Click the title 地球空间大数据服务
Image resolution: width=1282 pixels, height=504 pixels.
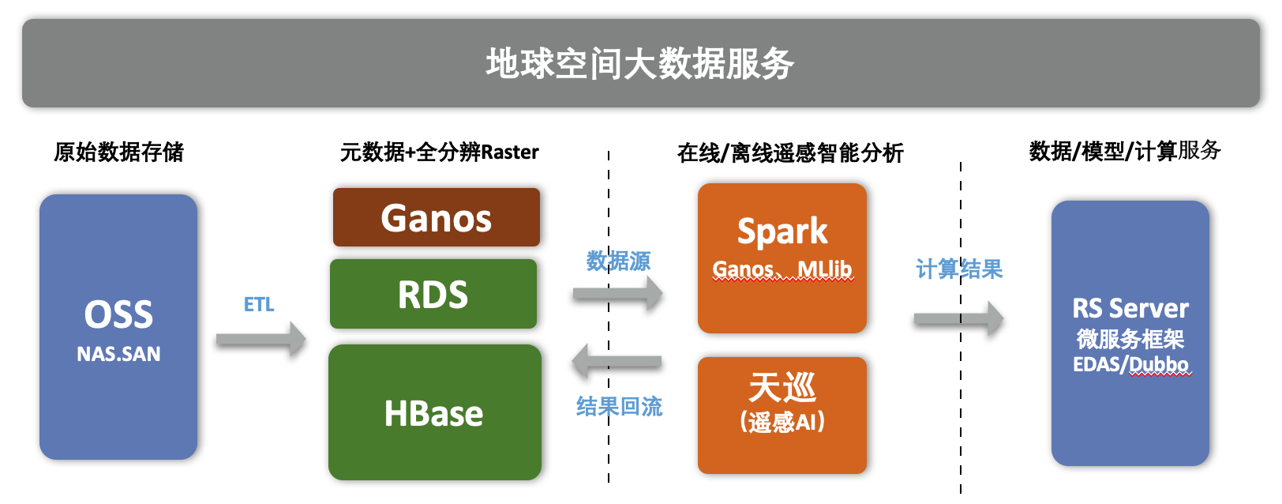click(640, 63)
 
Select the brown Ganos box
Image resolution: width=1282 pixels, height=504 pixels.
click(436, 217)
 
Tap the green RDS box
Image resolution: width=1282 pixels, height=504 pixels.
click(433, 294)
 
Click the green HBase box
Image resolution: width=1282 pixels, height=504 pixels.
click(435, 412)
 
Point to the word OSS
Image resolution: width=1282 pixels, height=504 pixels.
click(118, 314)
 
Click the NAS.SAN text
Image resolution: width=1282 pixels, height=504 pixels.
click(118, 354)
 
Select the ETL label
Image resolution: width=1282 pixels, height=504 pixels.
click(259, 304)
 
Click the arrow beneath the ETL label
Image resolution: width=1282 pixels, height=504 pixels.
click(261, 340)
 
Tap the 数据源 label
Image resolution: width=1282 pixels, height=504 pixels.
click(619, 261)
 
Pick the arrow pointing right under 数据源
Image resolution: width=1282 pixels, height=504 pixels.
click(618, 294)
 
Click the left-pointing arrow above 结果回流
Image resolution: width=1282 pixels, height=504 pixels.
click(617, 362)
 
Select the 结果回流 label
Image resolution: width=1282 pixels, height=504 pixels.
click(619, 407)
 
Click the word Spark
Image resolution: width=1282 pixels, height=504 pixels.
click(782, 231)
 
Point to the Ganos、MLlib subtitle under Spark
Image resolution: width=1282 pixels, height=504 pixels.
click(782, 269)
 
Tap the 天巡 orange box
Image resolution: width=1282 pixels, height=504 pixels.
click(782, 416)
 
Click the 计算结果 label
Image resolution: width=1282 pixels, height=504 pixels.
click(959, 269)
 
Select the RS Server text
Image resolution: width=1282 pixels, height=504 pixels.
click(1130, 308)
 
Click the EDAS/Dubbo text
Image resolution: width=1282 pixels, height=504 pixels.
click(1130, 364)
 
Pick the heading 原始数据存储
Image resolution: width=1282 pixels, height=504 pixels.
click(118, 152)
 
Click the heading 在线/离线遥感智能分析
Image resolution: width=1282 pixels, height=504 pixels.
click(789, 153)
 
